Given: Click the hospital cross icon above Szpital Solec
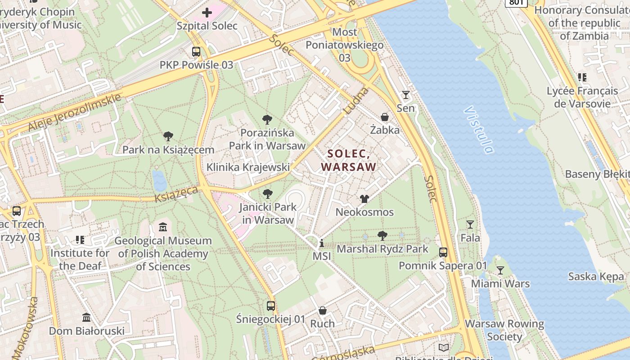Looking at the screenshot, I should pos(207,13).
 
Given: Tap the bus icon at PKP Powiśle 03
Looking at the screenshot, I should pos(196,52).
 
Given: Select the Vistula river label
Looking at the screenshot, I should pos(480,130).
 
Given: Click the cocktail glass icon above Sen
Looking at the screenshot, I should pos(406,95).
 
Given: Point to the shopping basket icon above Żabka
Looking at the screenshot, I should pos(385,117).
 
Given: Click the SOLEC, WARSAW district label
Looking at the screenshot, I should pos(349,160).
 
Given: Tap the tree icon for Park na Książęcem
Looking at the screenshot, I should pos(168,136).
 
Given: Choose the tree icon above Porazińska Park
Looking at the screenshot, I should pos(267,120).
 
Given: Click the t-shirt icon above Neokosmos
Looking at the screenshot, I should pos(364,199).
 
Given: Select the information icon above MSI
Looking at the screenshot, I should pos(322,243).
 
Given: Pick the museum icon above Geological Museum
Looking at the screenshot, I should pos(163,227).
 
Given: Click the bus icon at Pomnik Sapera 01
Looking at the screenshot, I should pos(443,252).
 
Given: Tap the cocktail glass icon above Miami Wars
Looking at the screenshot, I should pos(500,270).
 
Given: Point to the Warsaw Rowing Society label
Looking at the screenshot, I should pos(504,330).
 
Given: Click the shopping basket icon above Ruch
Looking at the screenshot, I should pos(323,310).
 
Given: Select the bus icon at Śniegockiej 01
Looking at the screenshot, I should pos(271,306).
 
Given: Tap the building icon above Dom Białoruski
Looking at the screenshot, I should pos(87,318).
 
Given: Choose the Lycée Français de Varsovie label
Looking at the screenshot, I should pos(582,97).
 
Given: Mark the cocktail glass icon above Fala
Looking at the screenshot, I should pos(470,224).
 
